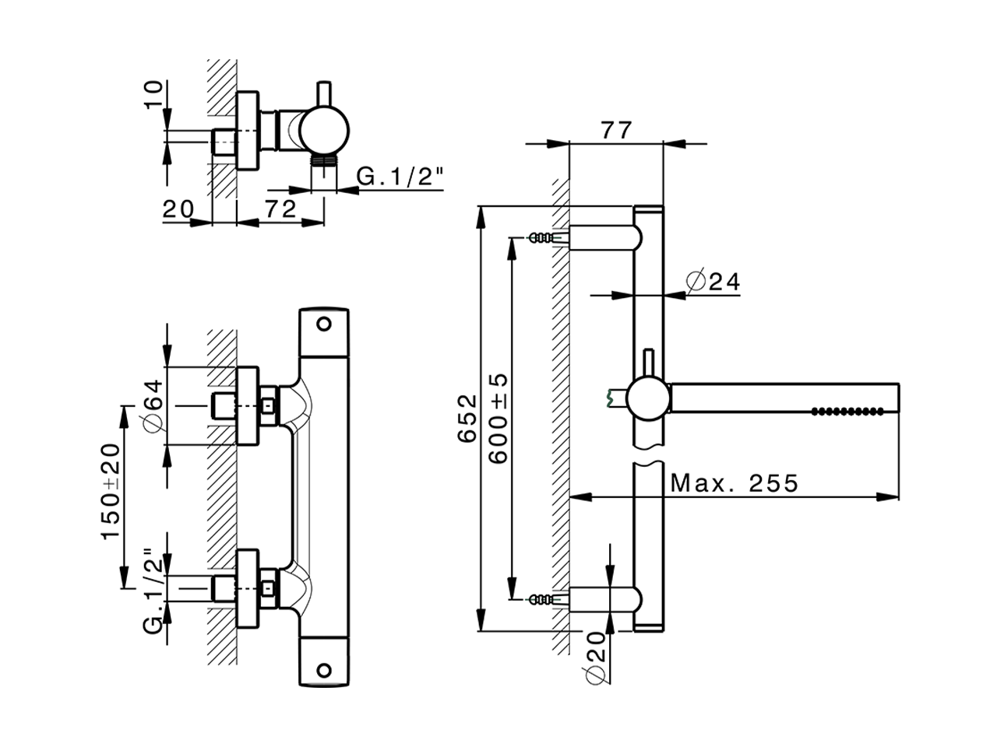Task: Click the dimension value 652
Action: (466, 419)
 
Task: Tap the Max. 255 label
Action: (735, 484)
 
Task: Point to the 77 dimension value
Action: (616, 130)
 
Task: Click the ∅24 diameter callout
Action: (713, 281)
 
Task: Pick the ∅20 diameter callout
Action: (596, 655)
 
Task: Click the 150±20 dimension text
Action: (111, 492)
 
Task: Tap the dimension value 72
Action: (280, 209)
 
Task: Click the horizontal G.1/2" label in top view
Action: (400, 177)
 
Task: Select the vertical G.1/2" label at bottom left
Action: (153, 591)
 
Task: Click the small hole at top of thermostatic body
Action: (324, 323)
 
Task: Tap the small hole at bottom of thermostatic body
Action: (324, 669)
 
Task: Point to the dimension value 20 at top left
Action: (178, 209)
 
